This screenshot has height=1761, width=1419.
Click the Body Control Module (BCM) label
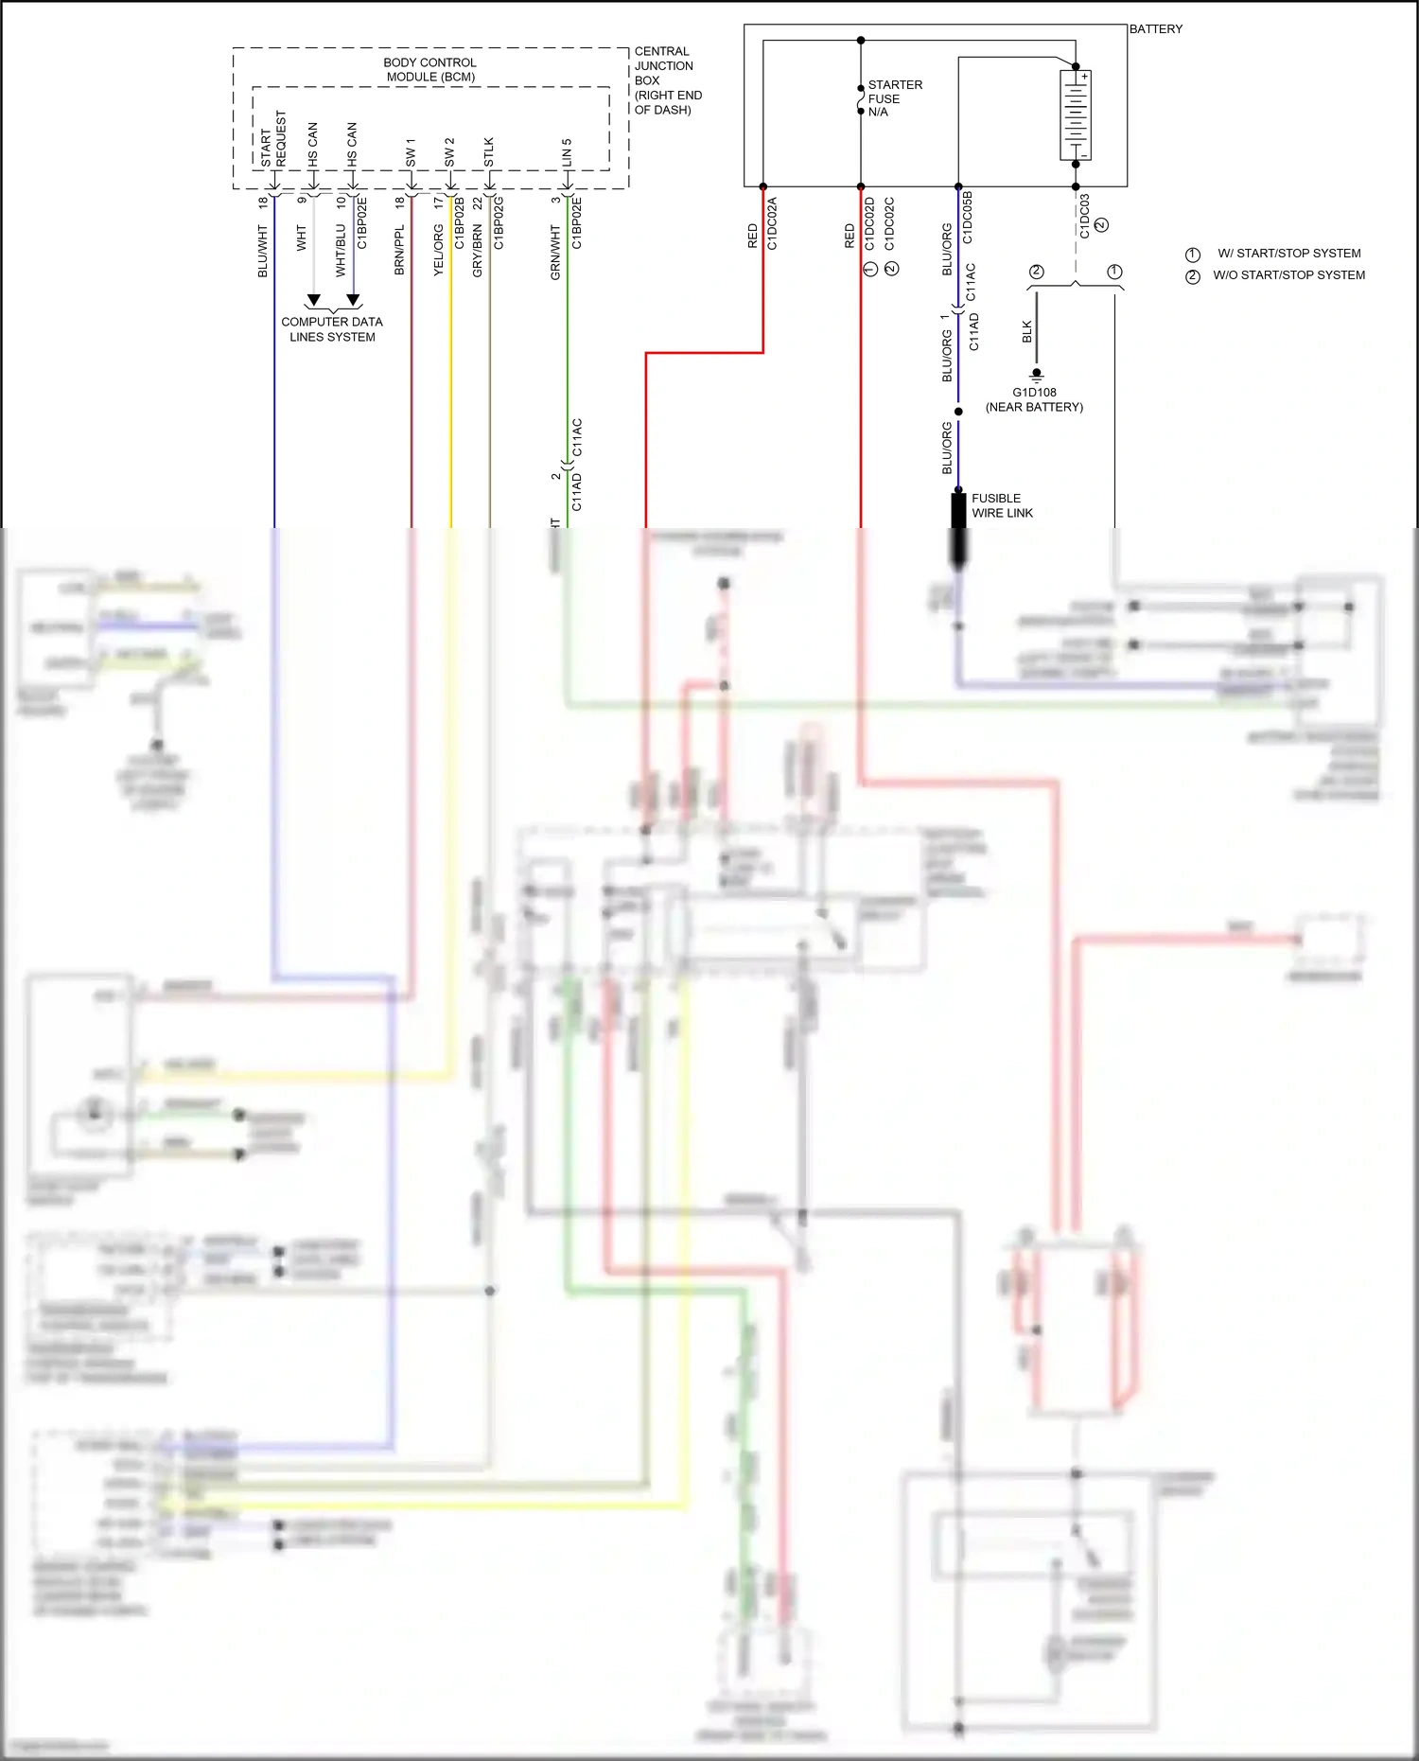(430, 69)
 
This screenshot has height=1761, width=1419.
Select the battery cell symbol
(1076, 114)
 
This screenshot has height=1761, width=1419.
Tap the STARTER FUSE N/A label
(894, 98)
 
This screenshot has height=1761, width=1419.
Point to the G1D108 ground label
(1034, 393)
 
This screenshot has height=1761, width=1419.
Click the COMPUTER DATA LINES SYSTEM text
(332, 329)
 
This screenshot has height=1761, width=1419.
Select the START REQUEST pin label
(273, 139)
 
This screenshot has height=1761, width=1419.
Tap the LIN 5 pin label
(567, 152)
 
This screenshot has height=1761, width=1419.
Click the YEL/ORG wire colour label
(439, 250)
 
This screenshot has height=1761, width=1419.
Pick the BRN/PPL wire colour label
(399, 250)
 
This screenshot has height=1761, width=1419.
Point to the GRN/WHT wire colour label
(555, 252)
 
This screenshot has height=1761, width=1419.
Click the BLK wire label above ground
(1027, 331)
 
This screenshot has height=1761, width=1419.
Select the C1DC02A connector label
(772, 223)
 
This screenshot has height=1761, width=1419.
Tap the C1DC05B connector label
(967, 218)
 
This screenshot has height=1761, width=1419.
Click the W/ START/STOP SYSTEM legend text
(1288, 254)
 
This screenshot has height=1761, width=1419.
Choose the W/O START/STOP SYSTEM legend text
(1288, 275)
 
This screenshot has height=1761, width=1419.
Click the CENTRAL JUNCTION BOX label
(666, 80)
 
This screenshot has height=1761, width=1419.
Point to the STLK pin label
(489, 151)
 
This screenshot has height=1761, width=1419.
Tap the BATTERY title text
(1155, 29)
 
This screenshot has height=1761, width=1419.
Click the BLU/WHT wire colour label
(263, 251)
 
